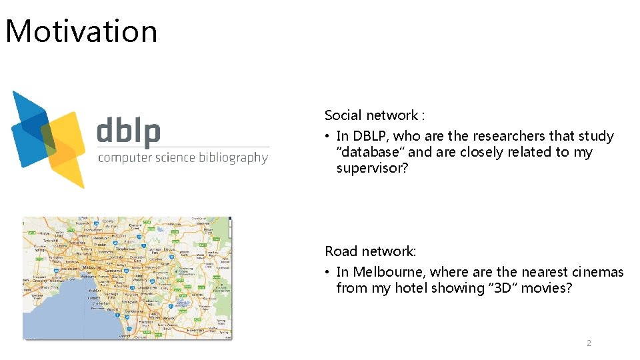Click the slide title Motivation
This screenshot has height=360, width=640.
point(81,31)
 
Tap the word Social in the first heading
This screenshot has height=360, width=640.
point(344,115)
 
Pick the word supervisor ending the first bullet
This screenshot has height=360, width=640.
point(370,168)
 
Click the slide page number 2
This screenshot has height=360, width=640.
point(589,343)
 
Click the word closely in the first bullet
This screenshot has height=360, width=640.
point(481,152)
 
